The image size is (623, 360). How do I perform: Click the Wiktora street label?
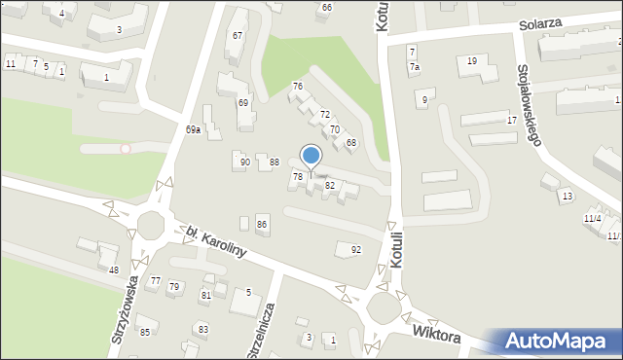pos(435,333)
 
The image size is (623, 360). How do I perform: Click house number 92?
pos(356,250)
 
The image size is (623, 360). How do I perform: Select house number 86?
pos(262,225)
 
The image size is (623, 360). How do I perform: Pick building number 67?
pos(237,36)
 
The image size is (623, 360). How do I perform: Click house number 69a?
pos(194,129)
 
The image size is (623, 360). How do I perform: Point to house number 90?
pos(245,162)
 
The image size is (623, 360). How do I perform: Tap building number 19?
pos(472,61)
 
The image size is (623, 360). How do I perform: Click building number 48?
pos(114,270)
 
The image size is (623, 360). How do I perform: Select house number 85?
pos(145,333)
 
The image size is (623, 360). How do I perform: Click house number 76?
pos(298,87)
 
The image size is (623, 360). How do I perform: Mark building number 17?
pos(512,120)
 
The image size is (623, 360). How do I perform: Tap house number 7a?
pos(415,67)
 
